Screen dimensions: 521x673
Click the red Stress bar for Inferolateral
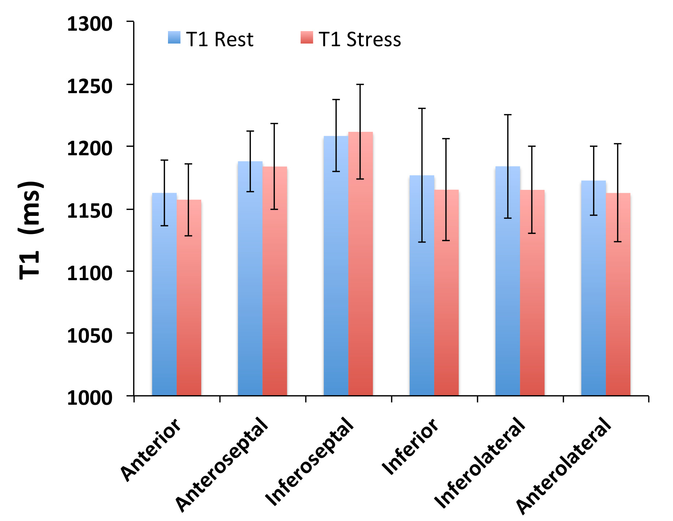coord(532,292)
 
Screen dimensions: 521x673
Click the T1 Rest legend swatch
coord(174,38)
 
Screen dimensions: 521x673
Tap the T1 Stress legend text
coord(360,39)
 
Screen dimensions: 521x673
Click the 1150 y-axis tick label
coord(90,210)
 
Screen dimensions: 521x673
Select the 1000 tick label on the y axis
coord(90,398)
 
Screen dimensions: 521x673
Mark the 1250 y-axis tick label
coord(90,86)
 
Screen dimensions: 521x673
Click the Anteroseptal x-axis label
coord(222,464)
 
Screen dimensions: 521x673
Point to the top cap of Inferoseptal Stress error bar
coord(361,84)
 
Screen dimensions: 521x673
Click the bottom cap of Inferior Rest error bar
coord(422,242)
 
